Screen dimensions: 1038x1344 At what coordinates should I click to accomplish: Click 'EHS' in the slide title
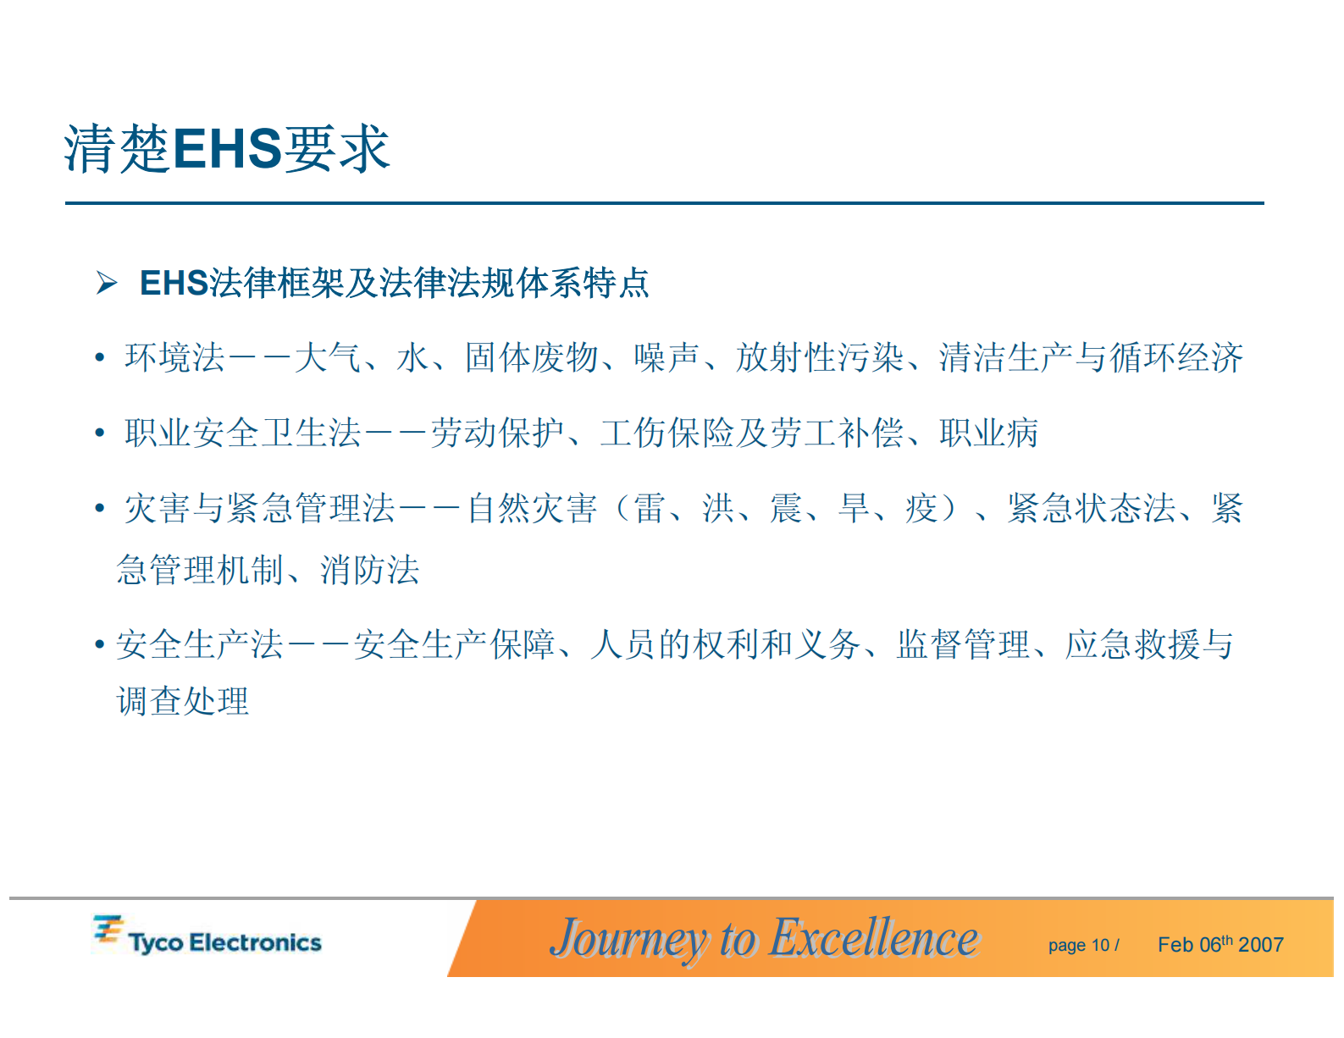[227, 149]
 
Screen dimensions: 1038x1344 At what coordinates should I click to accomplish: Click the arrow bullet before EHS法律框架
[107, 283]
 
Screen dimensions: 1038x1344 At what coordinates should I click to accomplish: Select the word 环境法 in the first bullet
[174, 358]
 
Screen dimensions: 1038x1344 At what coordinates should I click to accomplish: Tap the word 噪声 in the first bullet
[666, 358]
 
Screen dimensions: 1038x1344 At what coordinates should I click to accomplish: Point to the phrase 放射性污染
[820, 358]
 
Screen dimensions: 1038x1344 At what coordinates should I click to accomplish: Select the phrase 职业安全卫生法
[243, 433]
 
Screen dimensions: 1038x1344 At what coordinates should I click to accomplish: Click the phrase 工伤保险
[666, 433]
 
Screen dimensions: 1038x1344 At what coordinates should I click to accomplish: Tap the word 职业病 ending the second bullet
[988, 433]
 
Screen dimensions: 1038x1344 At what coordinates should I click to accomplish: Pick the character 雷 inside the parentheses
[650, 509]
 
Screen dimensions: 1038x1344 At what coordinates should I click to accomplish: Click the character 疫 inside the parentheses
[921, 509]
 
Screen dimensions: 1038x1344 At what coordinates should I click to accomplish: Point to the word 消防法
[369, 570]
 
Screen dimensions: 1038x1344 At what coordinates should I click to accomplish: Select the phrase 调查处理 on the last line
[183, 701]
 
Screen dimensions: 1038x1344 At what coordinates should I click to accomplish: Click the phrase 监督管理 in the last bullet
[963, 645]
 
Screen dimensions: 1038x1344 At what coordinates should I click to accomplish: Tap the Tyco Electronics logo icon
[108, 930]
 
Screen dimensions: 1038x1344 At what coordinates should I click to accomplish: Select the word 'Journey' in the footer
[628, 938]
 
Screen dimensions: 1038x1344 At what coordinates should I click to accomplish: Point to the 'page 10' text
[1079, 946]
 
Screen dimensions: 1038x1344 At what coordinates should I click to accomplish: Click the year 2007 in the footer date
[1261, 945]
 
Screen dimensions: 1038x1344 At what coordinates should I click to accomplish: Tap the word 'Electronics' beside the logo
[255, 942]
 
